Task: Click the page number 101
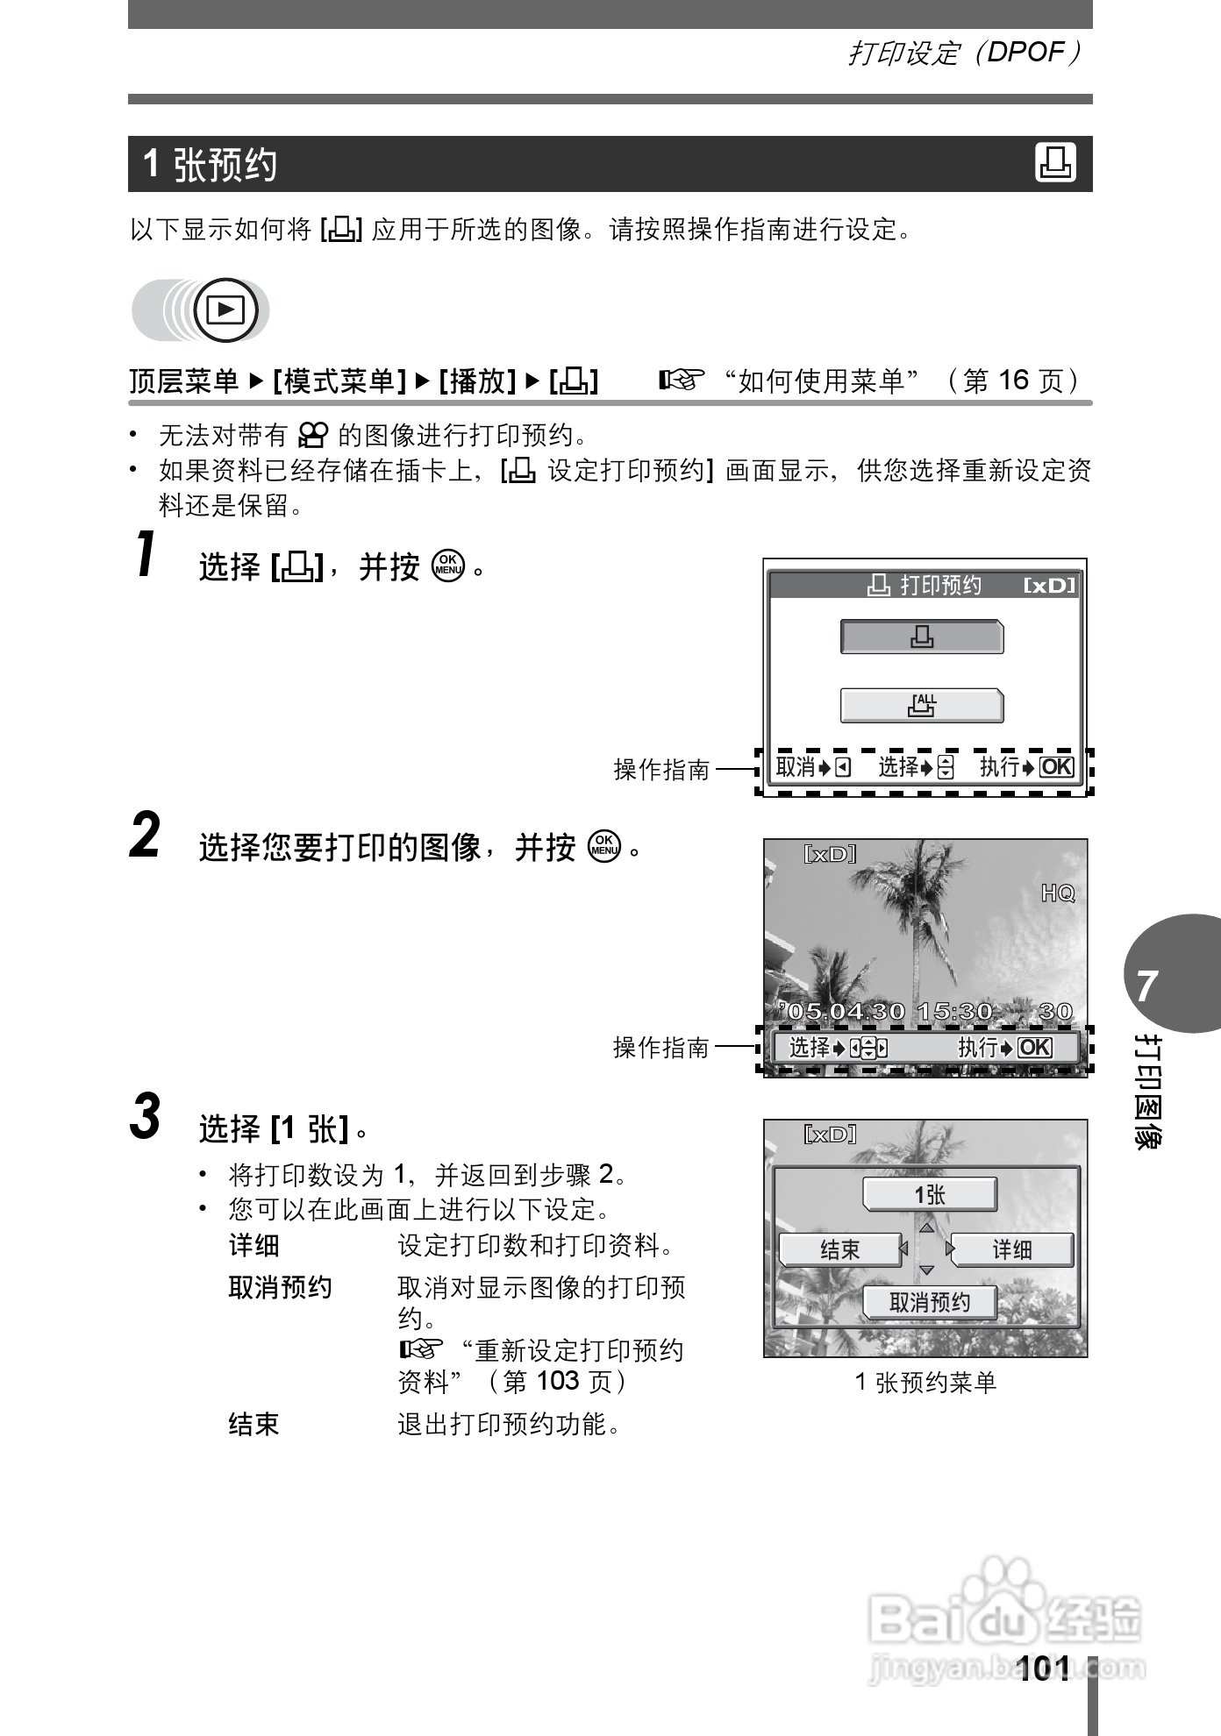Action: (x=1045, y=1668)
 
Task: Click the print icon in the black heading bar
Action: (x=1055, y=163)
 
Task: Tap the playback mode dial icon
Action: (x=225, y=309)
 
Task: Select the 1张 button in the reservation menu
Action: (x=930, y=1194)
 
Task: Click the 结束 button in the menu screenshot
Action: (x=839, y=1249)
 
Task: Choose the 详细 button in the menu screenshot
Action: (x=1011, y=1249)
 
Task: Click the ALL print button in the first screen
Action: (x=922, y=705)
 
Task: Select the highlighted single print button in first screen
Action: (x=922, y=637)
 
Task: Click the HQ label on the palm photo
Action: (x=1057, y=893)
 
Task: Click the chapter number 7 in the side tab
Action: (x=1146, y=986)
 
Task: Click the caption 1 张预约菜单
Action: (x=925, y=1383)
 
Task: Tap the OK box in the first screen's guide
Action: (x=1056, y=767)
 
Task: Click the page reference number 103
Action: (x=558, y=1381)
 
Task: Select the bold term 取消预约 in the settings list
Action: (x=280, y=1287)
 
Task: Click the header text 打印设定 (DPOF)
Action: (x=963, y=53)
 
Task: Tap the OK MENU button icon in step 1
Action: (x=447, y=566)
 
